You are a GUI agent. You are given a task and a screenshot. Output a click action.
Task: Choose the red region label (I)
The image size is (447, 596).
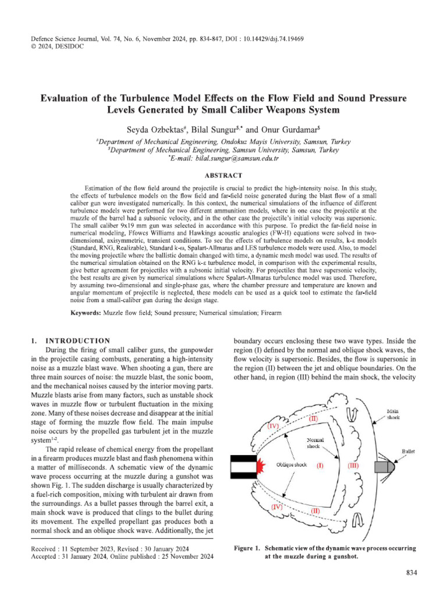[x=320, y=466]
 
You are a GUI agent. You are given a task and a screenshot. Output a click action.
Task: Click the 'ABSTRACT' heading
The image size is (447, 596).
[x=223, y=175]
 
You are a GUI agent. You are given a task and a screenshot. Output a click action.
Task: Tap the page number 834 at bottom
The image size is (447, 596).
[x=411, y=573]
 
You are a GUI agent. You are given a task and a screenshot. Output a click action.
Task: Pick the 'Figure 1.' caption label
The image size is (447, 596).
[x=247, y=548]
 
